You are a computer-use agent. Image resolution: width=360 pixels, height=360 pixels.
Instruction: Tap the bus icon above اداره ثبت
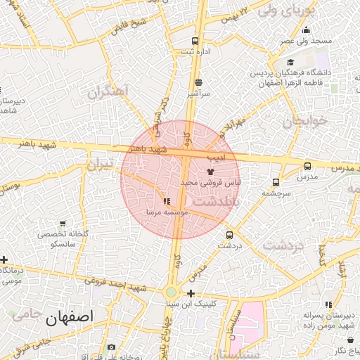[195, 41]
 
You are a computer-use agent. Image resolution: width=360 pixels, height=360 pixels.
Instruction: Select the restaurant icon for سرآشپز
[198, 82]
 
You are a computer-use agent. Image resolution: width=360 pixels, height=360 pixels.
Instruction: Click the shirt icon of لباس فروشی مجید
[210, 171]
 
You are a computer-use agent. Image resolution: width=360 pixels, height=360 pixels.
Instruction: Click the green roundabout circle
[171, 292]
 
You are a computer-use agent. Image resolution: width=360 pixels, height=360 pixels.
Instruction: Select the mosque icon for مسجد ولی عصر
[306, 30]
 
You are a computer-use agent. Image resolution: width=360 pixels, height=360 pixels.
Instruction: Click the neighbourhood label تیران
[99, 164]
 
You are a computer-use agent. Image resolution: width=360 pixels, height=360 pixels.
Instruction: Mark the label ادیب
[219, 157]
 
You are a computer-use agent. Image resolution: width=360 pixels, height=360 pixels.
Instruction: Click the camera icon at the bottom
[111, 347]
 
